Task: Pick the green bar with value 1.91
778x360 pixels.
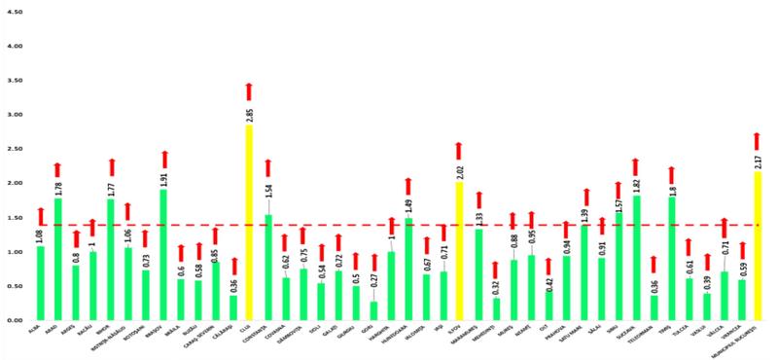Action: [x=163, y=254]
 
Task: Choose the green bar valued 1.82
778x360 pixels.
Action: [x=636, y=257]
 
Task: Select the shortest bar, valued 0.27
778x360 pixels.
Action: [x=373, y=310]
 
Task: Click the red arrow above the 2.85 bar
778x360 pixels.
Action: [x=249, y=91]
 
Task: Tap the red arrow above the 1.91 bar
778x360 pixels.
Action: [x=163, y=159]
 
